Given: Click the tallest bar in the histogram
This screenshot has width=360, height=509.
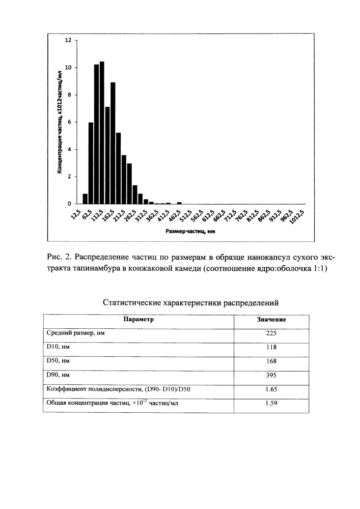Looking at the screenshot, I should coord(102,132).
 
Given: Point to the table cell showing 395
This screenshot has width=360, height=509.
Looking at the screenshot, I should coord(271,376).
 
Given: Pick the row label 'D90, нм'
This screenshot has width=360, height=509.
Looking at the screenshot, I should coord(58,376).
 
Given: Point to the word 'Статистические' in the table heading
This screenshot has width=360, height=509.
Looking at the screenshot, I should coord(131,303).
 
